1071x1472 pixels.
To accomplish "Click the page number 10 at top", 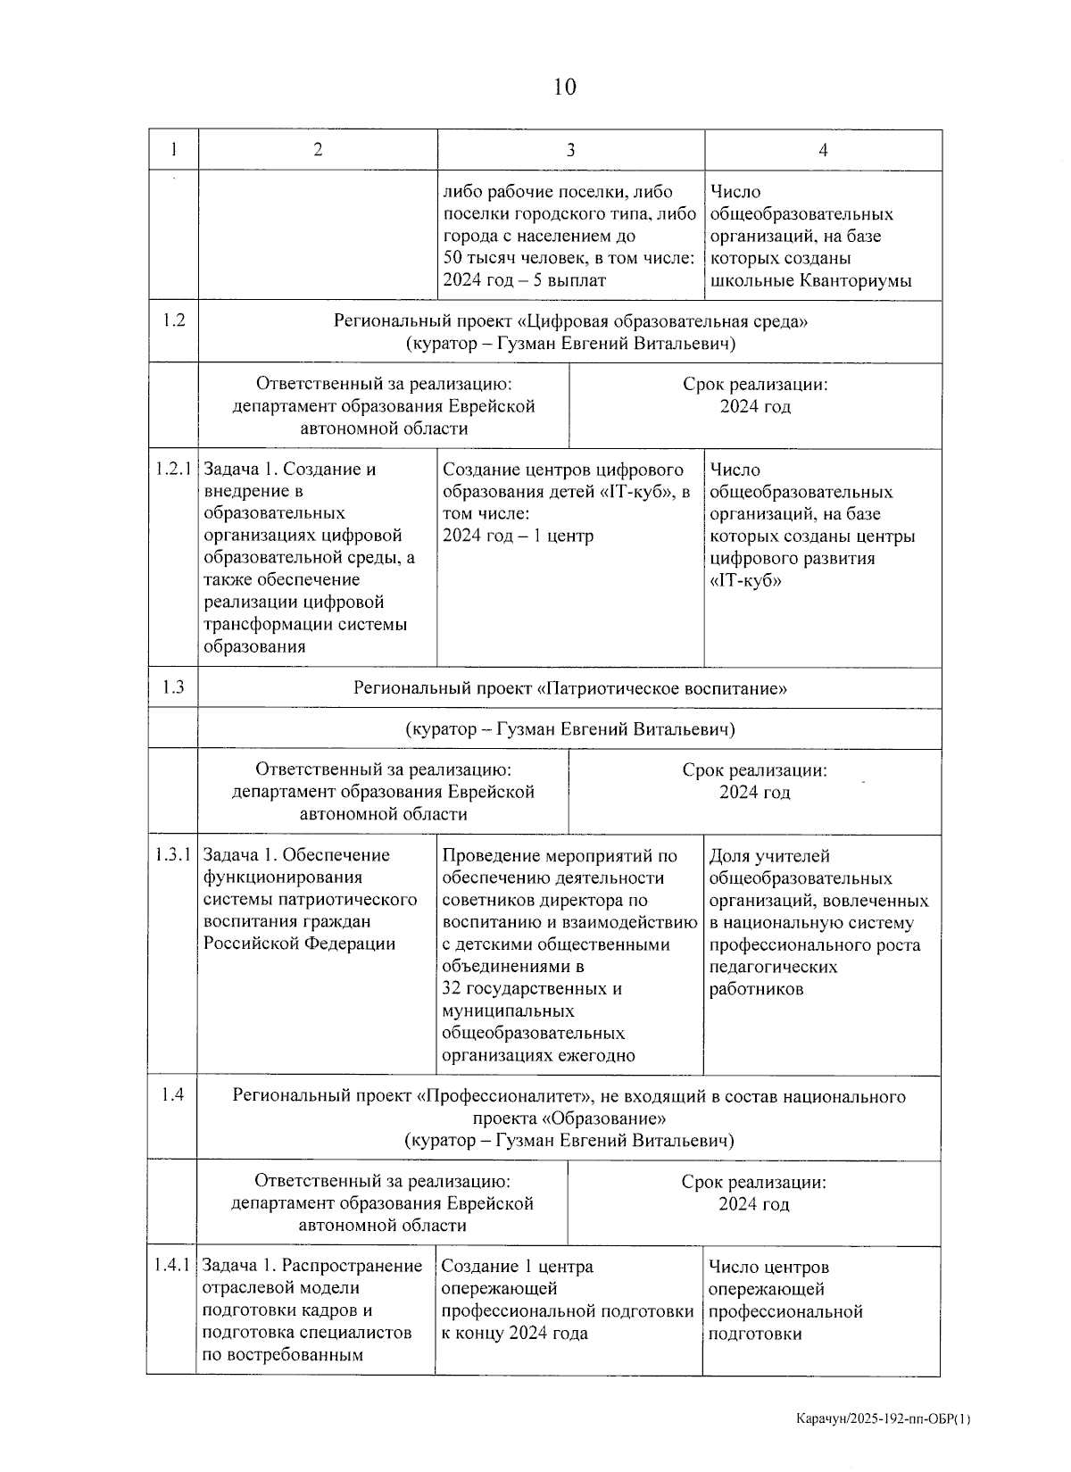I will [x=564, y=87].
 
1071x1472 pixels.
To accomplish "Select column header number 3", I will [x=570, y=150].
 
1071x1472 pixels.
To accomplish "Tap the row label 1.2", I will [x=174, y=320].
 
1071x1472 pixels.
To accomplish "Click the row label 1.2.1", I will [x=173, y=469].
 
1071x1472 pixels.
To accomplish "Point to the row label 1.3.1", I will [x=173, y=854].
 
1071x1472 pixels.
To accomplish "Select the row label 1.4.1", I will [x=172, y=1265].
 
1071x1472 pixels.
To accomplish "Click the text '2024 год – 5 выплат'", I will [x=524, y=280].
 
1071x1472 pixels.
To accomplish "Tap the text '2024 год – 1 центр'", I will [x=518, y=536].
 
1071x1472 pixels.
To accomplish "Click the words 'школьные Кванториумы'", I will [x=810, y=280].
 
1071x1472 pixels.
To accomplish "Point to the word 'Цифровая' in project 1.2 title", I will [x=566, y=320].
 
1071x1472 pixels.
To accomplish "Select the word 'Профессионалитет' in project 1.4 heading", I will [x=510, y=1096].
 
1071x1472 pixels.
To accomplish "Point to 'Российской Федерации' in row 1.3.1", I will [x=299, y=944].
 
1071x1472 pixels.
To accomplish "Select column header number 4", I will [x=823, y=150].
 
